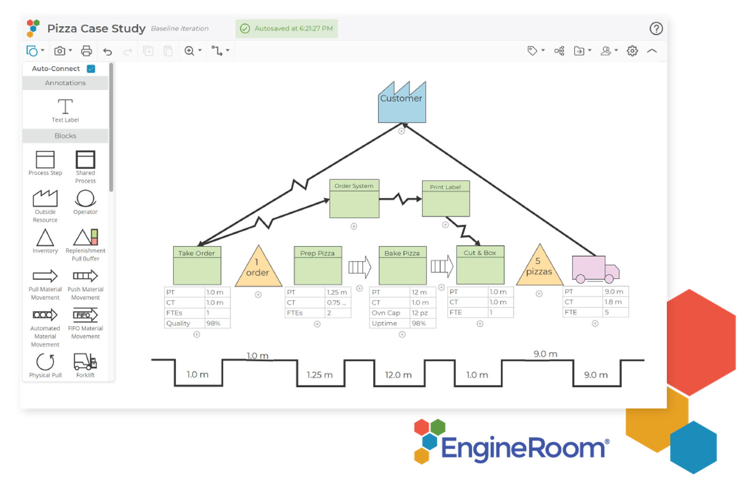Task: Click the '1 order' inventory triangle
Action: pos(258,269)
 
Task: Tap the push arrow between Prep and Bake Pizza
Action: pos(360,267)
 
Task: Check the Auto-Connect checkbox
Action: pos(91,69)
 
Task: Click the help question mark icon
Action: pos(656,29)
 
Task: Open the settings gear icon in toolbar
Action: pos(632,51)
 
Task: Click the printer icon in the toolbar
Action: pos(86,51)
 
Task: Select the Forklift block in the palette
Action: pos(85,363)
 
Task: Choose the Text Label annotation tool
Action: pos(65,110)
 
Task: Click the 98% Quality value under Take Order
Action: pos(213,323)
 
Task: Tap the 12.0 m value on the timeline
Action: pos(398,375)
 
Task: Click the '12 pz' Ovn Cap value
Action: pos(420,313)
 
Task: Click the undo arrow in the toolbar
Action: pos(108,51)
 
